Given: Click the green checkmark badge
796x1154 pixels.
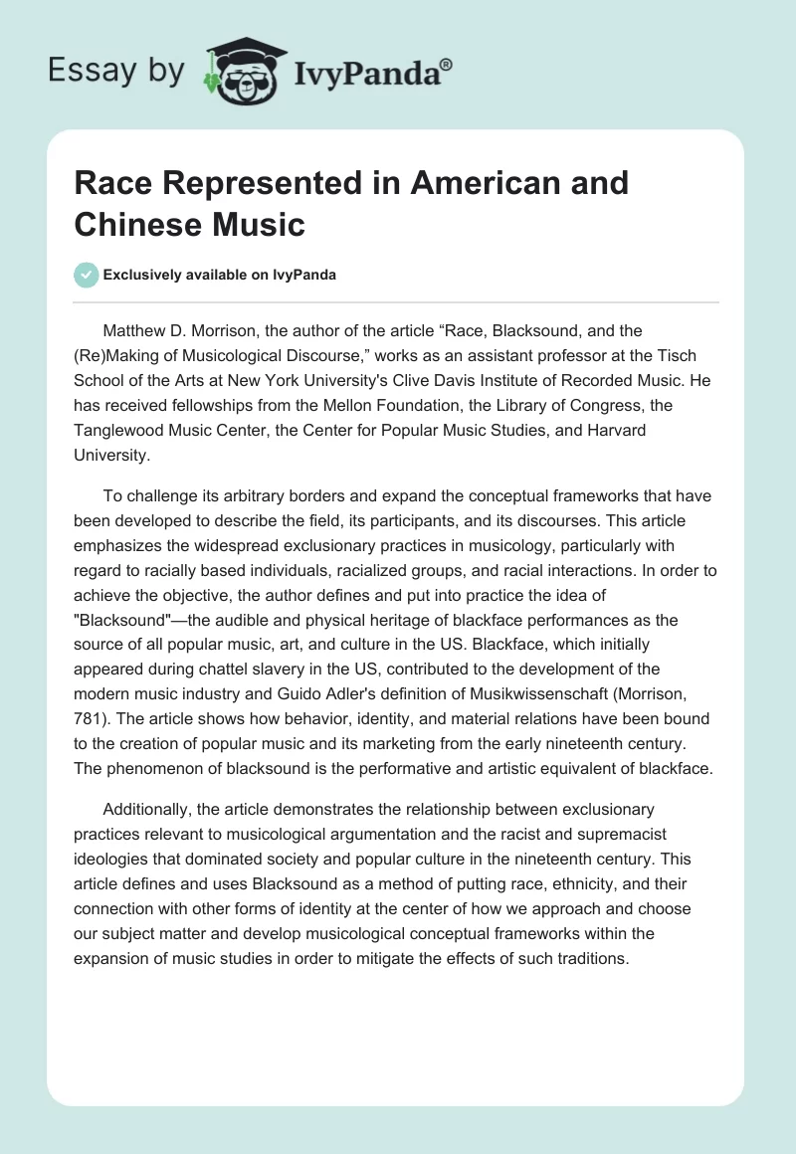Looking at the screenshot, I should pos(88,275).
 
